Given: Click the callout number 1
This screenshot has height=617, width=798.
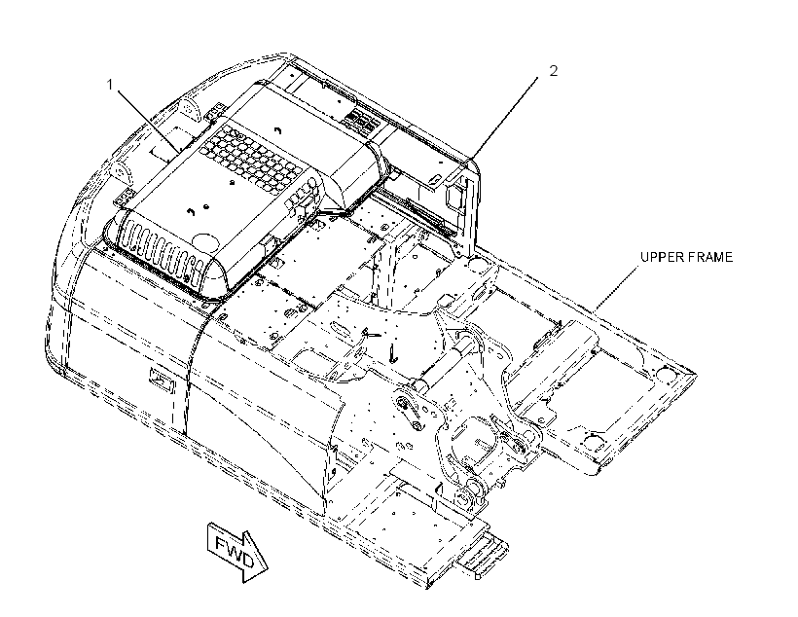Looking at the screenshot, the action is click(x=109, y=85).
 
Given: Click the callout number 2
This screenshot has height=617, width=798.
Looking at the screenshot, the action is click(x=553, y=71).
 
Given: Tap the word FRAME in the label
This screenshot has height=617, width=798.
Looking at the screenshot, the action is click(x=710, y=257).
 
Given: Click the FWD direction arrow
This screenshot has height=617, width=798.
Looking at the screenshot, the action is click(x=237, y=553).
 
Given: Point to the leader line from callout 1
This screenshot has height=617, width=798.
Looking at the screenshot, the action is click(x=148, y=121).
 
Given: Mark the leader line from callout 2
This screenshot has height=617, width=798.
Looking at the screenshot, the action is click(x=503, y=118).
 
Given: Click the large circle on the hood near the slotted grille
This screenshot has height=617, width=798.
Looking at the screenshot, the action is click(x=205, y=239).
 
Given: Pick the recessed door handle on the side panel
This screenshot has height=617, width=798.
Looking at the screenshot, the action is click(x=162, y=380).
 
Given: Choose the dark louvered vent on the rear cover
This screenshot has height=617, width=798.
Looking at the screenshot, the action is click(x=361, y=121).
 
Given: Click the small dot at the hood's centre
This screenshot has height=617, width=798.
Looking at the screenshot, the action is click(x=232, y=182).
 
